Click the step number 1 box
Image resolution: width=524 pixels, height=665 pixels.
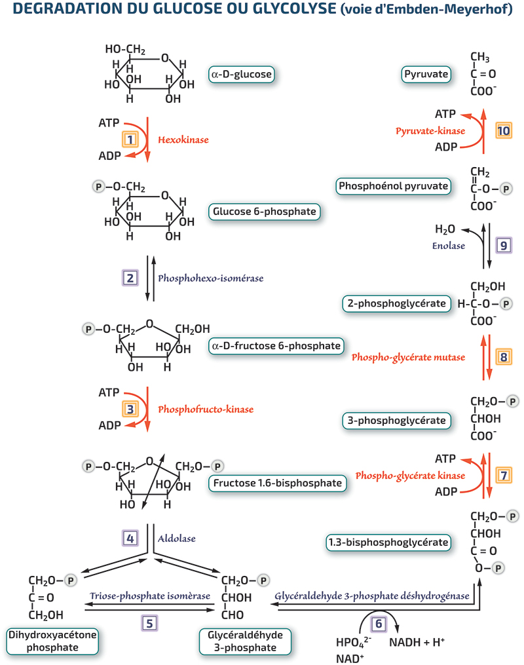point(130,139)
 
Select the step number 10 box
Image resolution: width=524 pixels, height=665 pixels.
point(504,130)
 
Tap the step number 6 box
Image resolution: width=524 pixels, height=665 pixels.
point(379,624)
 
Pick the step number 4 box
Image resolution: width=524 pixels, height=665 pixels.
point(130,538)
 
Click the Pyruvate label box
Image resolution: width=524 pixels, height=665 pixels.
point(426,74)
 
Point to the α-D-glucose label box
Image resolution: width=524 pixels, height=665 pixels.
point(242,74)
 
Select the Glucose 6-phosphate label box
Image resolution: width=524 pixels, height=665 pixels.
point(264,212)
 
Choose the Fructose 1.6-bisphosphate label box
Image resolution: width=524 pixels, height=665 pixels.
point(277,483)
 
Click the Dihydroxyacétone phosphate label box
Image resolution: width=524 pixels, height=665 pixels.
point(52,641)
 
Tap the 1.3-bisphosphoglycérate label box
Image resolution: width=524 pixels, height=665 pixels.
point(388,542)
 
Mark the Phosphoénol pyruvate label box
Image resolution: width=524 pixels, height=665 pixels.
point(394,186)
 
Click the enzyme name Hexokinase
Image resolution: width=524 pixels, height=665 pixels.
point(183,140)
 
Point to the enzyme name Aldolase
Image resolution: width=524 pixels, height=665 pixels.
point(177,538)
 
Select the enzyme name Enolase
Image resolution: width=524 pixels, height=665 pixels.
point(449,246)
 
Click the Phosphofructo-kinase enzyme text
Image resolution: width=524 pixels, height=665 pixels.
point(206,409)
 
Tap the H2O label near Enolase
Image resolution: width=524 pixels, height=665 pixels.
point(445,229)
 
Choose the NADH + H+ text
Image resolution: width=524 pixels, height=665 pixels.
point(417,643)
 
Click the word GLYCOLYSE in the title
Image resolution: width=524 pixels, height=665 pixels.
point(294,9)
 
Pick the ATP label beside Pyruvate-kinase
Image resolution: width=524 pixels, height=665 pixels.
point(445,114)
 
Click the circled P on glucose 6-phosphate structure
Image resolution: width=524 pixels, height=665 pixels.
point(98,187)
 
